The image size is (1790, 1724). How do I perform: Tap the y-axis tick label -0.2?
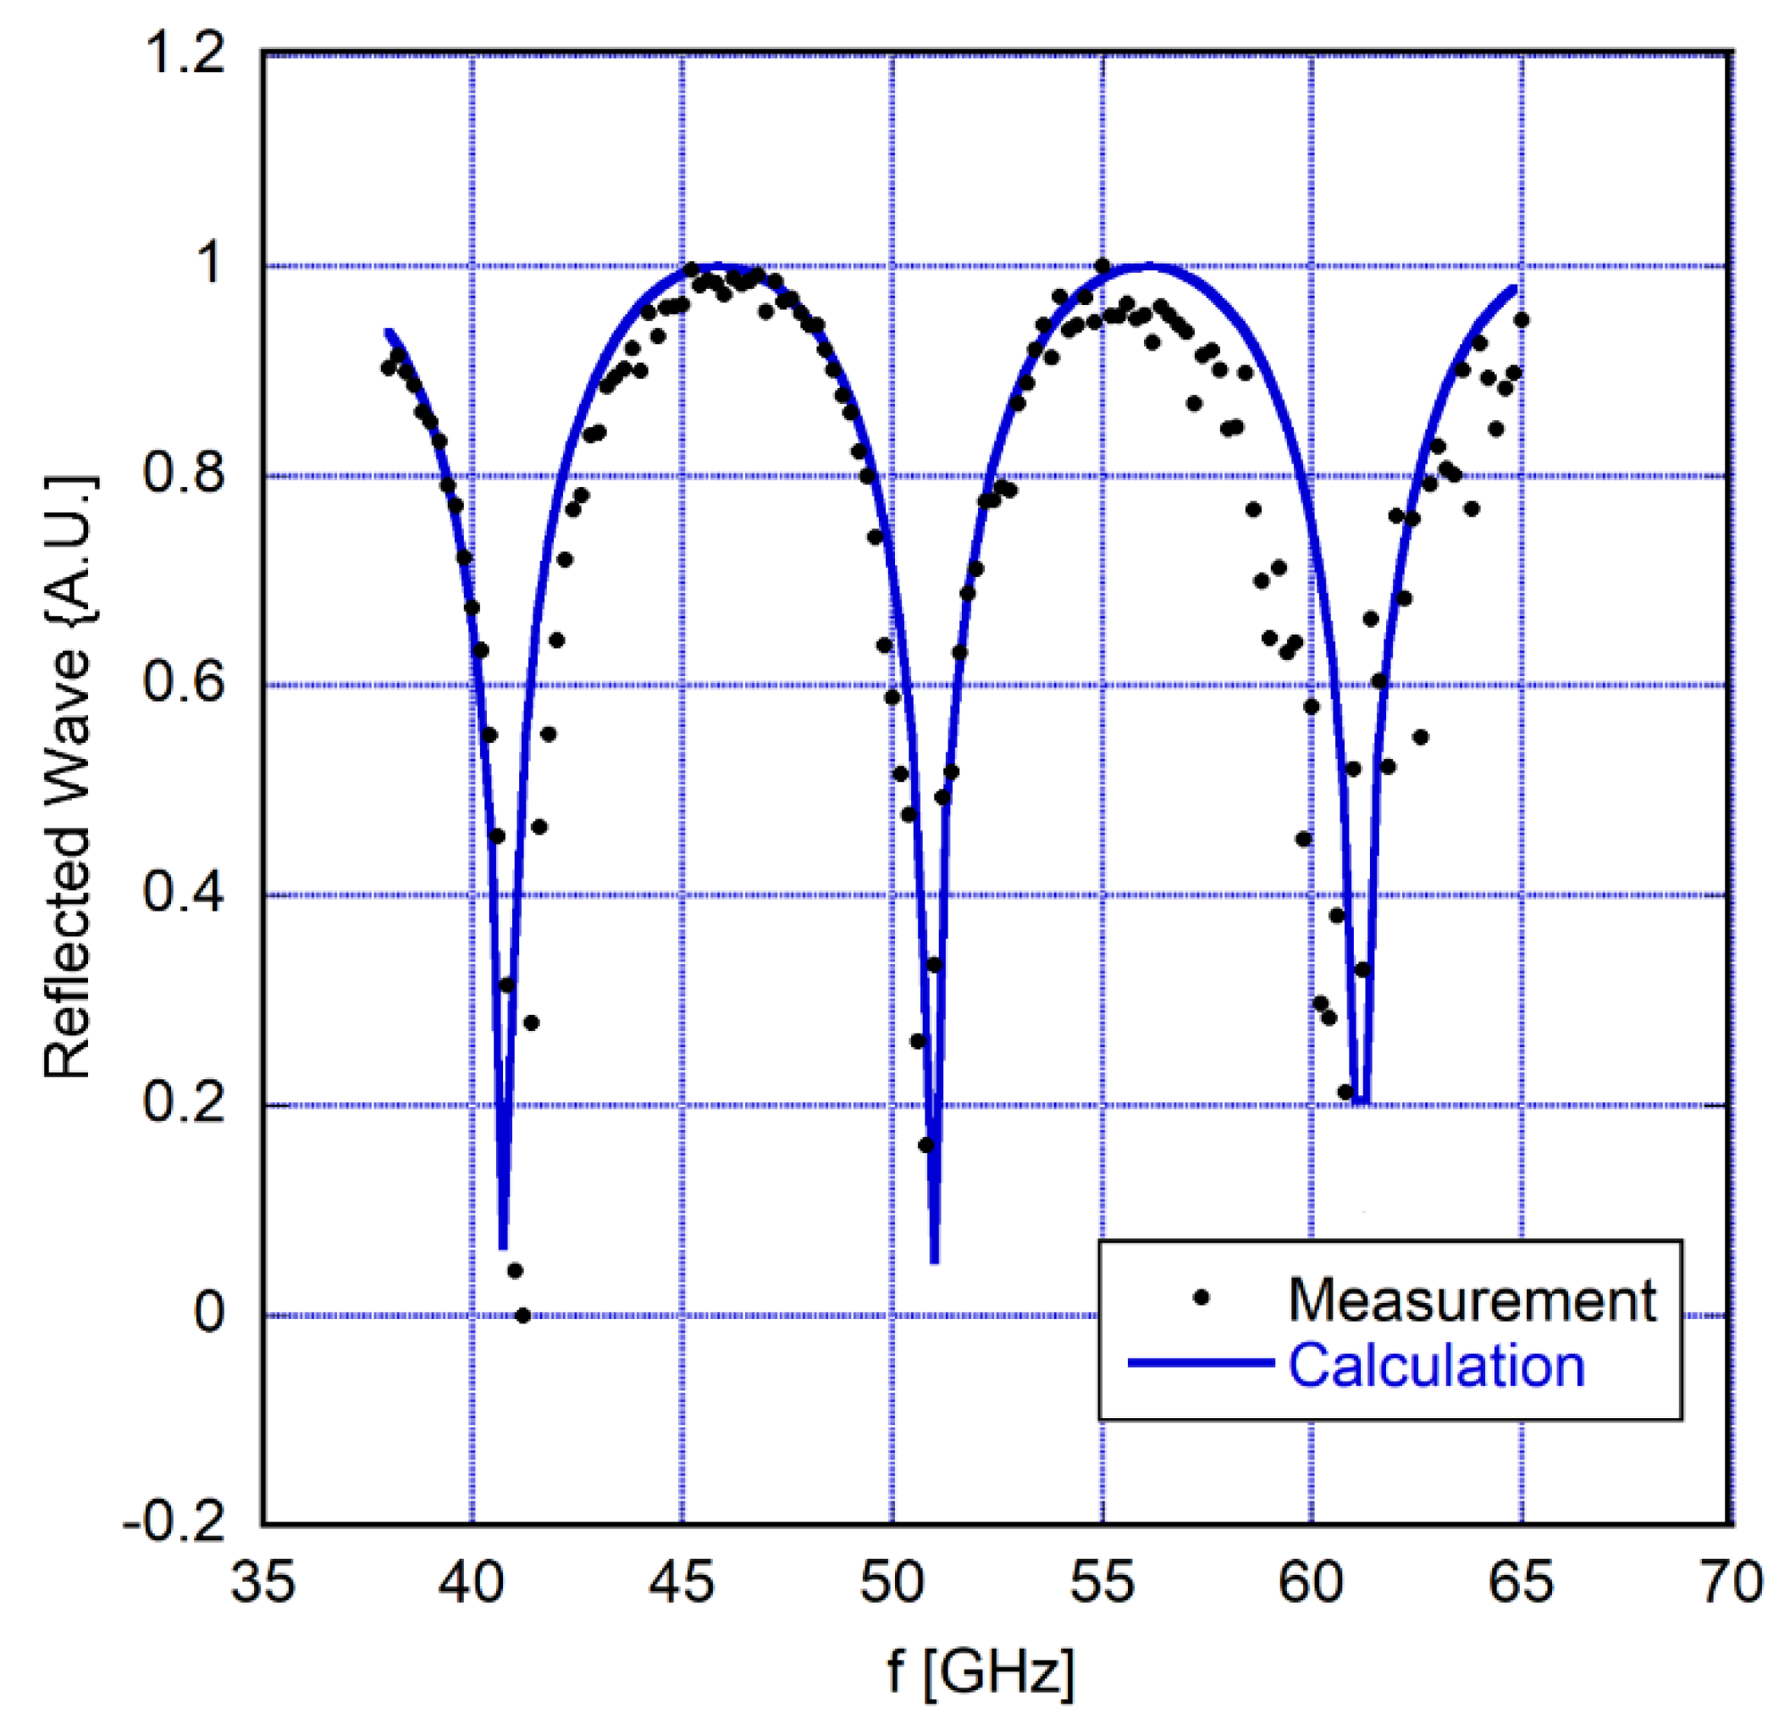pyautogui.click(x=174, y=1523)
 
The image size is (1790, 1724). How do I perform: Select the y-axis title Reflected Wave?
pyautogui.click(x=69, y=777)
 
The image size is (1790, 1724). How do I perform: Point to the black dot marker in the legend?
pyautogui.click(x=1202, y=1297)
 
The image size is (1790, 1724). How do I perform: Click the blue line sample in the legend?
pyautogui.click(x=1201, y=1363)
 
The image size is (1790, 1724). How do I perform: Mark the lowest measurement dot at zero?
pyautogui.click(x=522, y=1316)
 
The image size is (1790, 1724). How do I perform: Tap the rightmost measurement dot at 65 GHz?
pyautogui.click(x=1522, y=319)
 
